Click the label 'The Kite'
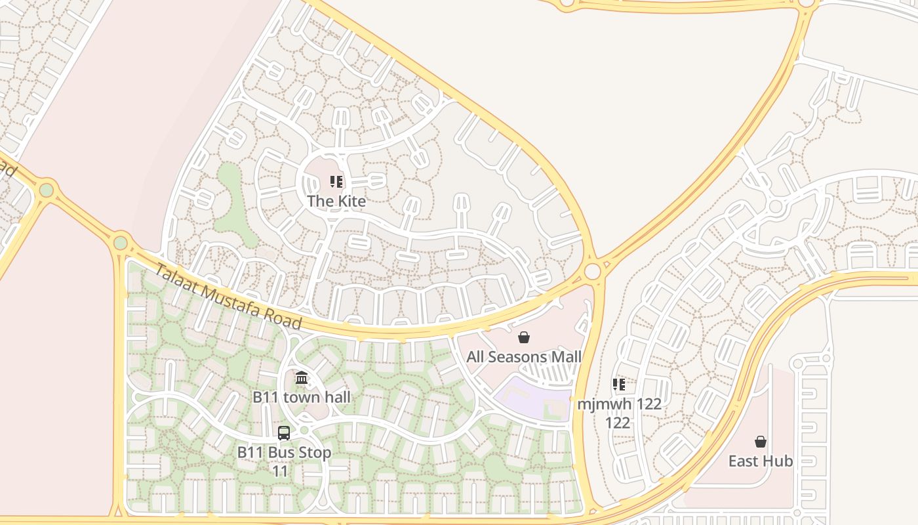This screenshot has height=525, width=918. point(336,201)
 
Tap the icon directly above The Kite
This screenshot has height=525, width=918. point(336,182)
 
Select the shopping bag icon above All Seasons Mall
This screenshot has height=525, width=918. point(524,338)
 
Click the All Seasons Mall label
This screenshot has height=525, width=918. point(524,357)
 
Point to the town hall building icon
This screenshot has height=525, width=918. point(302,377)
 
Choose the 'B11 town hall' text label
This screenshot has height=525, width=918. point(302,397)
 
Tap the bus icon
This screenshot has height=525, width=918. point(284,432)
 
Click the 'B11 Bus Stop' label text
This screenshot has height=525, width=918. point(284,452)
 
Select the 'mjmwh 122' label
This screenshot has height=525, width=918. point(619,404)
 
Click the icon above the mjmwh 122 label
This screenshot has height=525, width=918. point(618,384)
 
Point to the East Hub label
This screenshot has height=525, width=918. point(761,461)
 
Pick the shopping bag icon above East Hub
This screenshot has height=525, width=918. point(761,442)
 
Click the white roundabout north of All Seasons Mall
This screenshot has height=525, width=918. point(593,271)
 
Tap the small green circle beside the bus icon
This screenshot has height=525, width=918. point(304,430)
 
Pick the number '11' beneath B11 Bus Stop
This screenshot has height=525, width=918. point(280,471)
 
